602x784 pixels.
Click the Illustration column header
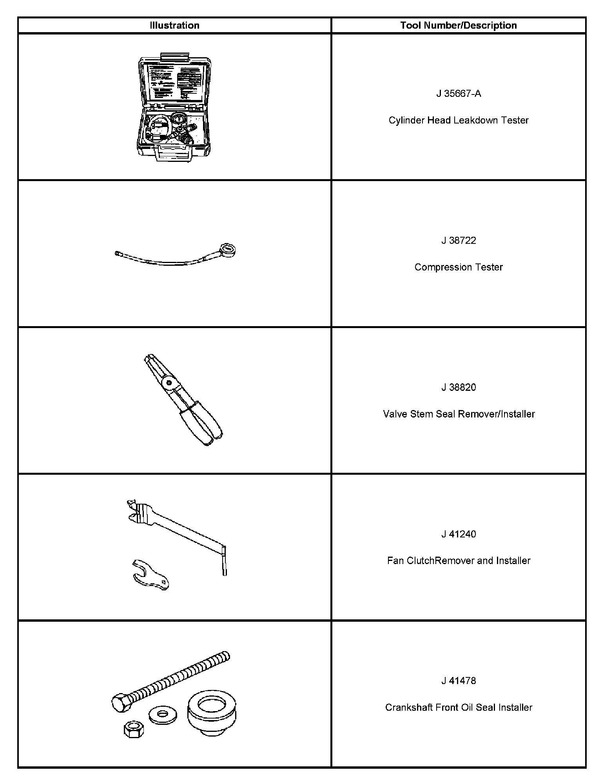pyautogui.click(x=174, y=25)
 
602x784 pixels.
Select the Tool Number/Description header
pyautogui.click(x=458, y=25)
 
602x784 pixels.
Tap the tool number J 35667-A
pyautogui.click(x=458, y=94)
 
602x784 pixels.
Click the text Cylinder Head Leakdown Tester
pyautogui.click(x=458, y=120)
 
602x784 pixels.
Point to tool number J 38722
pyautogui.click(x=458, y=240)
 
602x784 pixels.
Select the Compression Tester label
pyautogui.click(x=458, y=267)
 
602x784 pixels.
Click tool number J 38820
pyautogui.click(x=458, y=387)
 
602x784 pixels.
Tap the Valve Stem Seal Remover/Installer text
pyautogui.click(x=458, y=414)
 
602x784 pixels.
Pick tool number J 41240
pyautogui.click(x=458, y=534)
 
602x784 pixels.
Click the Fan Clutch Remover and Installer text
pyautogui.click(x=458, y=561)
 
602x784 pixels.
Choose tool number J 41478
pyautogui.click(x=458, y=681)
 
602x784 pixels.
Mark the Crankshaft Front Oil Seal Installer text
pyautogui.click(x=458, y=708)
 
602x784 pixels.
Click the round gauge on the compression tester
pyautogui.click(x=228, y=250)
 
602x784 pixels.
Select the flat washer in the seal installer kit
pyautogui.click(x=163, y=716)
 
